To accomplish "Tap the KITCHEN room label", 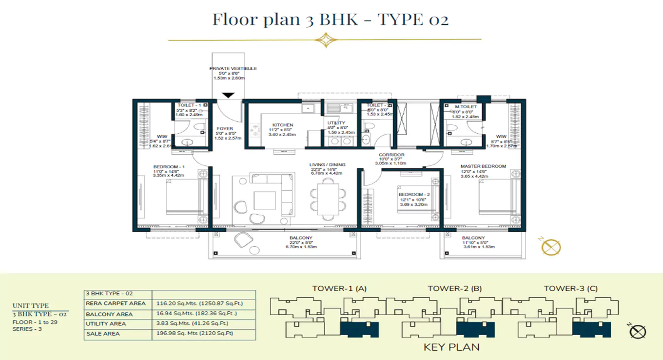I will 283,125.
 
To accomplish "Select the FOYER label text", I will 225,129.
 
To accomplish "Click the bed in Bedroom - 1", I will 183,197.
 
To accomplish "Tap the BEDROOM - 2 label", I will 413,194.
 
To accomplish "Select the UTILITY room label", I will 336,123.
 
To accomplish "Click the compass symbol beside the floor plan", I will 551,247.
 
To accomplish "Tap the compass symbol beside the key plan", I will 637,332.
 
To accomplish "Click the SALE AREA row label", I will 103,334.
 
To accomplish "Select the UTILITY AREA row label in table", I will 106,324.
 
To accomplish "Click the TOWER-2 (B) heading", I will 454,288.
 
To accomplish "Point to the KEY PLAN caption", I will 451,347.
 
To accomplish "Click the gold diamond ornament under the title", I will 325,40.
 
